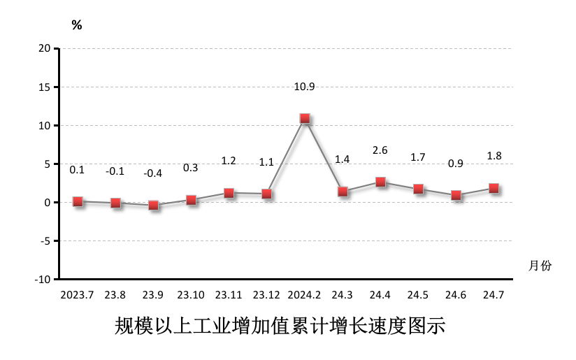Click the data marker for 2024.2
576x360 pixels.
[x=305, y=119]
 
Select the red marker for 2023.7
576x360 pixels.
[x=78, y=202]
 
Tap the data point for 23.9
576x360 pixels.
[x=154, y=206]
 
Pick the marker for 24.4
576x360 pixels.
[x=380, y=182]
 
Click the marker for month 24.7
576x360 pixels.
[x=494, y=188]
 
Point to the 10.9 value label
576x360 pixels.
[x=305, y=87]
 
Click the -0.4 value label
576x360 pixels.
[x=152, y=173]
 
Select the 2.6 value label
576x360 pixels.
[x=380, y=150]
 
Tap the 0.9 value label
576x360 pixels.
[x=455, y=164]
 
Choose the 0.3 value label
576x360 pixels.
[x=190, y=168]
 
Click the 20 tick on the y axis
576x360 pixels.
[x=45, y=48]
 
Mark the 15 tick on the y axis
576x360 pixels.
[x=45, y=87]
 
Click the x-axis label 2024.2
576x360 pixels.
[x=304, y=294]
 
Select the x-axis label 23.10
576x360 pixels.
[x=191, y=294]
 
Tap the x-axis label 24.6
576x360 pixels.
[x=456, y=294]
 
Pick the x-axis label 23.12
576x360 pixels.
[x=266, y=294]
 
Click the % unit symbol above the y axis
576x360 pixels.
[x=77, y=26]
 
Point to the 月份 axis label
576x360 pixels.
[x=540, y=266]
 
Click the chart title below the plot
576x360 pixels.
[x=280, y=326]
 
